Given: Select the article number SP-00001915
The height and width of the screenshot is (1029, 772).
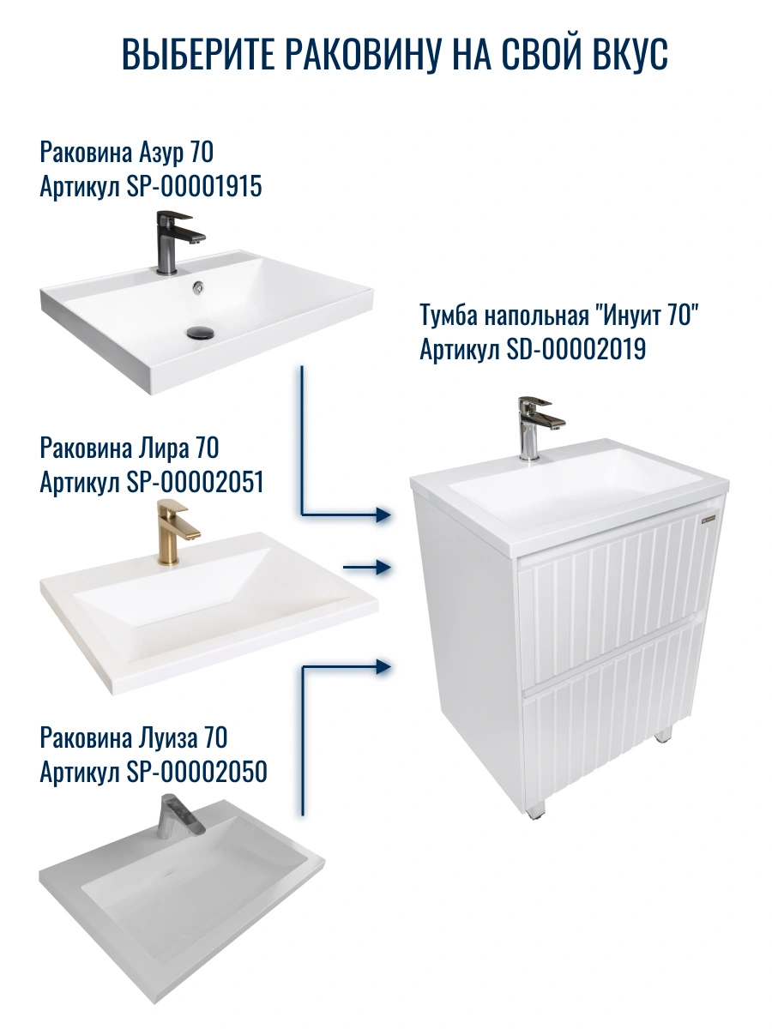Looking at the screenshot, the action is coord(194,187).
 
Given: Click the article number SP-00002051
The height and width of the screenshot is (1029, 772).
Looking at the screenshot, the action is coord(195,482).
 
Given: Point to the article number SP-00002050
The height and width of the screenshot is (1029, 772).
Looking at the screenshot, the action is coord(197,772).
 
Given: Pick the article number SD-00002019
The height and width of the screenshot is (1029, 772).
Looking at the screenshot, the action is coord(576,349).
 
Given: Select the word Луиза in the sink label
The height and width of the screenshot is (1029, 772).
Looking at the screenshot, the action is coord(168,738).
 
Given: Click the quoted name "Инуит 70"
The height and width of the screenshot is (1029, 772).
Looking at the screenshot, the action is coord(646,315).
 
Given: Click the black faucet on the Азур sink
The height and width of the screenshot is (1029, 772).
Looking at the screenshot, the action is coord(178,242).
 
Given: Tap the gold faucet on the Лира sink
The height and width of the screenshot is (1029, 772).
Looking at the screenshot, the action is coord(176,533).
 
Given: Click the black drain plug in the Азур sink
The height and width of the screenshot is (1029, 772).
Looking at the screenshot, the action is coord(200,333).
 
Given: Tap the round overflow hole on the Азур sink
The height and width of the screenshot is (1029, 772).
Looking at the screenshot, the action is coord(198,288).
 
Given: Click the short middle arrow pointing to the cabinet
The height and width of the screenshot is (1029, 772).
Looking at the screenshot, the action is coord(367,568).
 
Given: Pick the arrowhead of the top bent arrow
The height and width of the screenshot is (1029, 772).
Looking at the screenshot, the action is coord(384,514).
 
